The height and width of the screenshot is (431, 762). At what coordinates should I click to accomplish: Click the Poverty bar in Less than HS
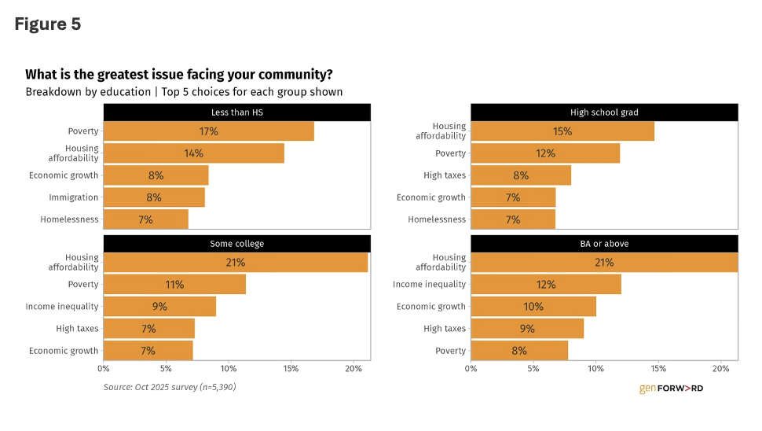tap(208, 131)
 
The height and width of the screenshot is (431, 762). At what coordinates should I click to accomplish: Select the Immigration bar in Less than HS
tap(154, 197)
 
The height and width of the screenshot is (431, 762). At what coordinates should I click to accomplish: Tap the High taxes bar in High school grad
tap(521, 175)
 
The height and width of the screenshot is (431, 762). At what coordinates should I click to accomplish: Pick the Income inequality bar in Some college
tap(159, 307)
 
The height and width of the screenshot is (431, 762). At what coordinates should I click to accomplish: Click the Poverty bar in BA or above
tap(519, 351)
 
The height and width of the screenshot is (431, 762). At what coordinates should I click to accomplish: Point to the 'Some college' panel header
tap(237, 244)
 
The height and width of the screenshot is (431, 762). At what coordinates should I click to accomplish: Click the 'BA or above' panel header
tap(604, 244)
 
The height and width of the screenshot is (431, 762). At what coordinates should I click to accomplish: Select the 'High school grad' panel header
tap(604, 112)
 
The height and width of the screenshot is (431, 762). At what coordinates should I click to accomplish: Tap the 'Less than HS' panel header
tap(237, 112)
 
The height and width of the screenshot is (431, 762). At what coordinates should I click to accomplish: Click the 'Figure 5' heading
tap(48, 24)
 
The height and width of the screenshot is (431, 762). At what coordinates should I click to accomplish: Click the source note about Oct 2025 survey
tap(170, 387)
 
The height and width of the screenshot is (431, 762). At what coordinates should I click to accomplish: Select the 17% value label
tap(208, 131)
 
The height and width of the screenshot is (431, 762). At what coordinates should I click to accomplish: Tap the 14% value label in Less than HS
tap(193, 153)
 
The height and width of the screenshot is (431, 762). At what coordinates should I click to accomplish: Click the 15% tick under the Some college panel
tap(291, 368)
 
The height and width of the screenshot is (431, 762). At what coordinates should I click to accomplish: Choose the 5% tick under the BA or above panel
tap(533, 368)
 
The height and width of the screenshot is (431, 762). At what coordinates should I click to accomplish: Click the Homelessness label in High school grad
tap(437, 219)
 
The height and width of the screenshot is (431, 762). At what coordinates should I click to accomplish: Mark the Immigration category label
tap(74, 197)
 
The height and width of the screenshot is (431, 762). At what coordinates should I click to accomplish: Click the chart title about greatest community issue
tap(179, 75)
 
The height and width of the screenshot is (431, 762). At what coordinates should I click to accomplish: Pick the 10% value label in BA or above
tap(533, 307)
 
